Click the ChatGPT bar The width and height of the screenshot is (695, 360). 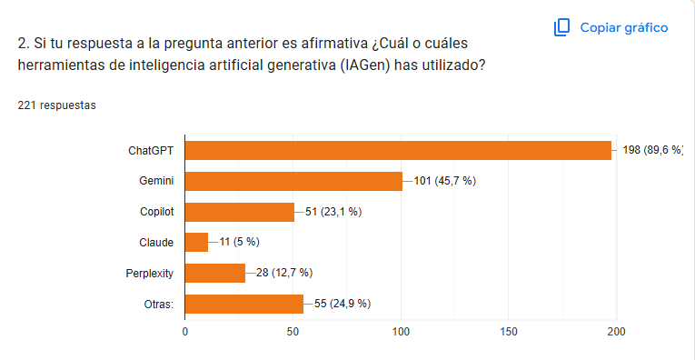click(398, 151)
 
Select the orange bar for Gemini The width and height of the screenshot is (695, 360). click(293, 181)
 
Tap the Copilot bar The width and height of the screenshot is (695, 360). click(239, 212)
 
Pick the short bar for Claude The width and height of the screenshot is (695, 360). click(196, 243)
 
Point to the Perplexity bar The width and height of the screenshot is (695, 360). click(215, 273)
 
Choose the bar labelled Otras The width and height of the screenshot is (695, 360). click(244, 304)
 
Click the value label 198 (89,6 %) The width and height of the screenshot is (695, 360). click(653, 151)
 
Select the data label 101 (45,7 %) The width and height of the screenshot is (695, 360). click(445, 181)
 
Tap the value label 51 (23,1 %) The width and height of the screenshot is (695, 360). click(333, 212)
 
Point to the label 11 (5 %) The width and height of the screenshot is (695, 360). click(239, 243)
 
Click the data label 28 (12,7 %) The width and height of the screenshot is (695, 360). click(284, 273)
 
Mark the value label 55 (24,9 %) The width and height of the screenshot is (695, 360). click(343, 304)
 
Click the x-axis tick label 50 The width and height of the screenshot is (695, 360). click(293, 332)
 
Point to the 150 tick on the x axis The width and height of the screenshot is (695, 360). click(509, 332)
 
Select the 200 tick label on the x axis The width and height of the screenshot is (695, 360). click(617, 332)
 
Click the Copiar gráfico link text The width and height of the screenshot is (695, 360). click(624, 28)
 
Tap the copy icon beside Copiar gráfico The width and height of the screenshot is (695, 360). click(561, 27)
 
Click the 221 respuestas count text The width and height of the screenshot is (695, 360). click(56, 105)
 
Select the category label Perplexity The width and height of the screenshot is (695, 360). click(149, 274)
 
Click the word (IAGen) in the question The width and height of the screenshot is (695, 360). click(366, 65)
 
